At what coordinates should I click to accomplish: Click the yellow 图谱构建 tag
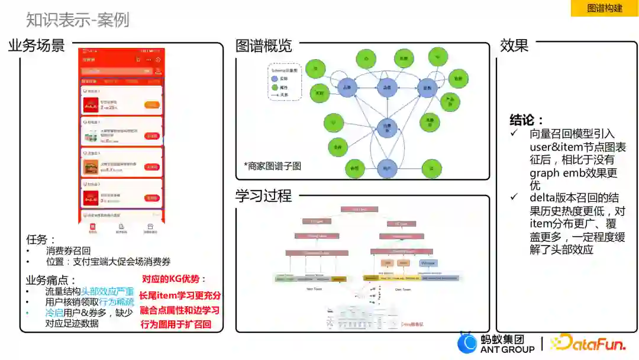click(x=604, y=8)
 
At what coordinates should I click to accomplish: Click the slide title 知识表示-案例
click(x=78, y=20)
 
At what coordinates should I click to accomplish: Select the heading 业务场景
click(x=37, y=46)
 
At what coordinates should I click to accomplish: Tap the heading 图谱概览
click(x=264, y=46)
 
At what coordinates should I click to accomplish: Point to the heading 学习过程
click(x=264, y=196)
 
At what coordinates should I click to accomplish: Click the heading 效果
click(x=514, y=46)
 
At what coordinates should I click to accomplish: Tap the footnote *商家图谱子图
click(x=272, y=166)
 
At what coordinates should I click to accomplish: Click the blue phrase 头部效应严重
click(x=108, y=291)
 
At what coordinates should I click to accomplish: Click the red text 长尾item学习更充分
click(x=180, y=295)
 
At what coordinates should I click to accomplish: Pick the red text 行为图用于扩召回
click(x=176, y=324)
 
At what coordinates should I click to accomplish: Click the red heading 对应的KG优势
click(x=175, y=279)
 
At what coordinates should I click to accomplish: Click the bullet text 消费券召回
click(x=68, y=250)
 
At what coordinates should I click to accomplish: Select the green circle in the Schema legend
click(x=275, y=86)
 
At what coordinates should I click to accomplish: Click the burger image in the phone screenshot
click(x=91, y=167)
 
